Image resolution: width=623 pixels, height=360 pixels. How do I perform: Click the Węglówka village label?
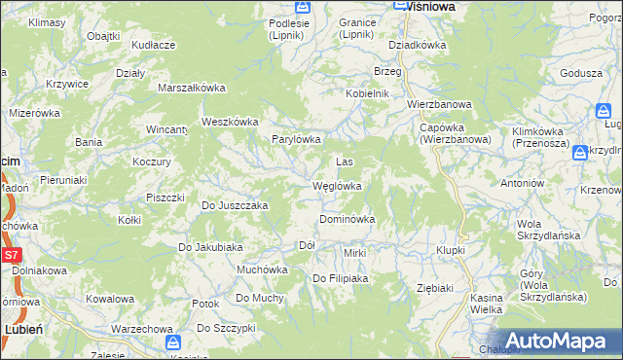(337, 186)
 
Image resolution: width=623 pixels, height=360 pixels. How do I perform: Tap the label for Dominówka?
(348, 220)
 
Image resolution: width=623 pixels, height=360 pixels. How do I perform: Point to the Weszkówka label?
(229, 122)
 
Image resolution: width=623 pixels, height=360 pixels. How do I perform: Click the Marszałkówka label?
(192, 88)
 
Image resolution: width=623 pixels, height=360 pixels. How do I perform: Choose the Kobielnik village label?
(367, 93)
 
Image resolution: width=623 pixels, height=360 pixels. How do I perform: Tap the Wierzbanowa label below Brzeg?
(439, 104)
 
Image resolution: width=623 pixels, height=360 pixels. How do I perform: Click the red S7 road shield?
(11, 255)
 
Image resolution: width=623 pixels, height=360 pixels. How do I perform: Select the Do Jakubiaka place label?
(209, 247)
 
